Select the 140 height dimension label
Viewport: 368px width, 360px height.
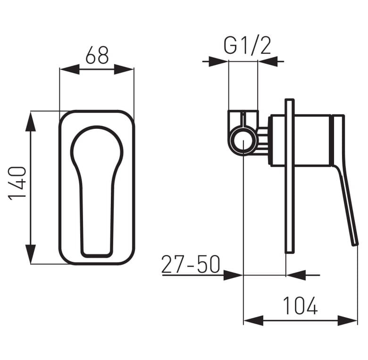(x=17, y=183)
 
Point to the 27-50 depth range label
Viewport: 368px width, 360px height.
(x=191, y=264)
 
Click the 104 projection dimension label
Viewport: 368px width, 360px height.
(x=301, y=306)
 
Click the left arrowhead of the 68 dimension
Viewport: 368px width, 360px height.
(x=70, y=69)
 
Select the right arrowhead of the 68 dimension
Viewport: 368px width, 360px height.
(x=124, y=69)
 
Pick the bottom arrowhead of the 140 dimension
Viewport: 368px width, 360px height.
(x=31, y=254)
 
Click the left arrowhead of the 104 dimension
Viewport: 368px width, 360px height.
(x=253, y=320)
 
